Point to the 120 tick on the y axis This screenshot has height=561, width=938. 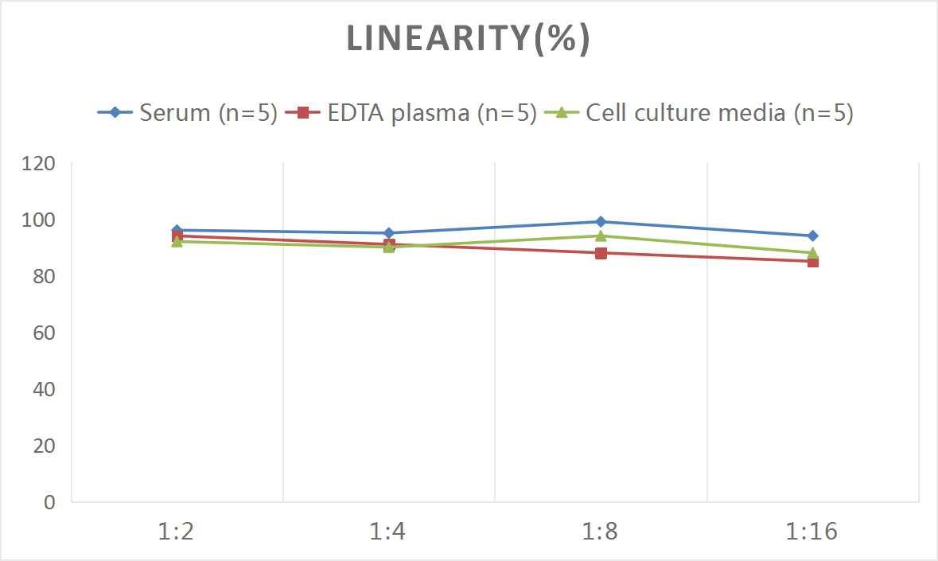(39, 164)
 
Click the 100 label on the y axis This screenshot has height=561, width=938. (39, 220)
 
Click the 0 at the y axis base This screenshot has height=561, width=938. (49, 502)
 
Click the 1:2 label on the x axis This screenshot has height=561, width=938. (177, 532)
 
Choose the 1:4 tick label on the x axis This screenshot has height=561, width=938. (389, 532)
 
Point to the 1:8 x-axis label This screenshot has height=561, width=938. (601, 532)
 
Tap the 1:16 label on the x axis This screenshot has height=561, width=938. (812, 532)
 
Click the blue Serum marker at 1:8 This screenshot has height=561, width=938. (601, 222)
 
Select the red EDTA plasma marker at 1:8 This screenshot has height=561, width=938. (601, 253)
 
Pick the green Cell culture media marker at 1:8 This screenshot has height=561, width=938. (601, 236)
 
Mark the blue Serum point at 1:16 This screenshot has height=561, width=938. (812, 236)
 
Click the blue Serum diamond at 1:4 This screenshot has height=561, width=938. (389, 233)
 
